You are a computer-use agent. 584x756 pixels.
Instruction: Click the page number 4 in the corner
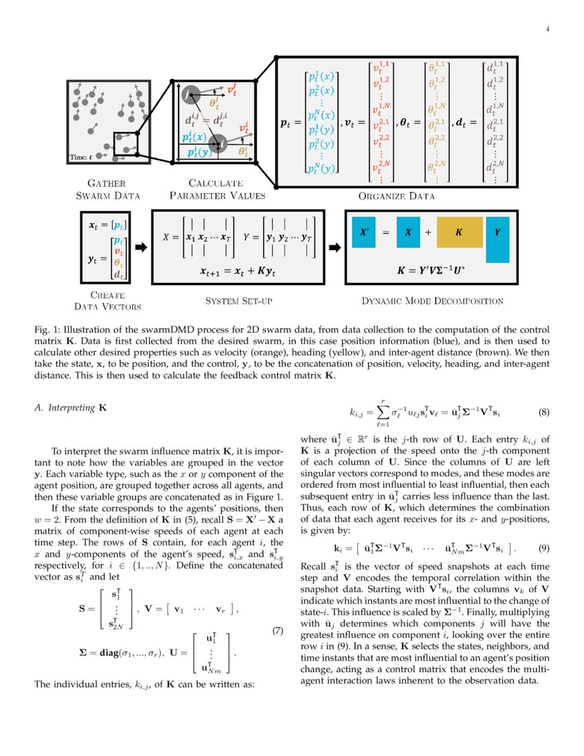point(548,29)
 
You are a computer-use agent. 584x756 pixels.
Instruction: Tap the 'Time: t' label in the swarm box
point(82,157)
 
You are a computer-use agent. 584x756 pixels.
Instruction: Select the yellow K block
point(458,233)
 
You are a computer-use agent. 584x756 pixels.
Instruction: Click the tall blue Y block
point(497,238)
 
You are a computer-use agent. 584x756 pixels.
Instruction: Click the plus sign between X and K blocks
point(428,233)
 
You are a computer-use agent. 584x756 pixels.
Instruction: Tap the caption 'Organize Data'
point(396,196)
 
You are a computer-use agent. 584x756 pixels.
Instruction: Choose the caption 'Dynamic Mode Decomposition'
point(432,300)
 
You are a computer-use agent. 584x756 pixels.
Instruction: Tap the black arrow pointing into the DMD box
point(335,247)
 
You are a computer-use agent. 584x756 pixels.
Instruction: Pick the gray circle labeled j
point(192,93)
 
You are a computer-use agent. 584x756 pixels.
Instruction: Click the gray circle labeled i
point(218,143)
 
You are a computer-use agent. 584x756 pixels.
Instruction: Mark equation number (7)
point(278,632)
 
